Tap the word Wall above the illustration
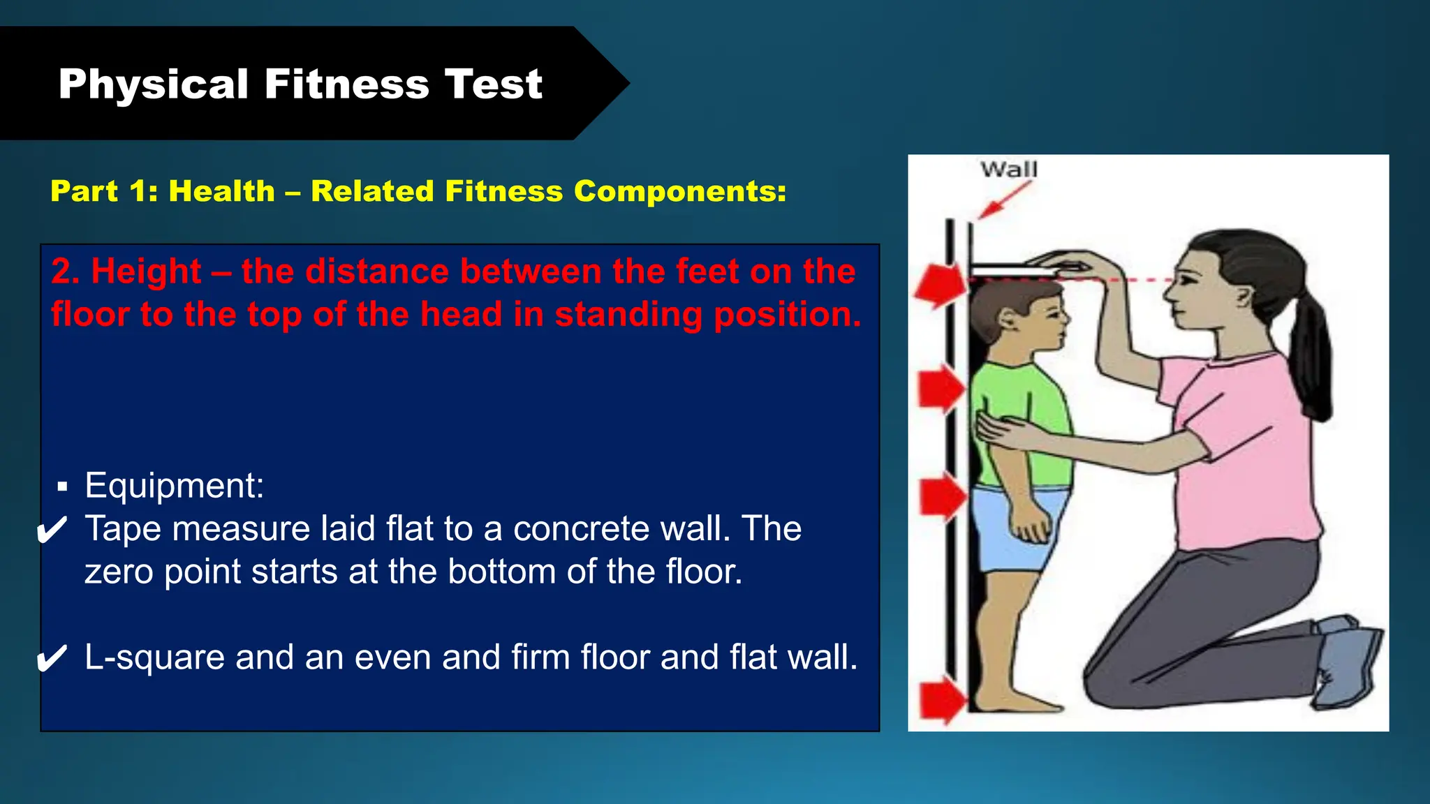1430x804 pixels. tap(1008, 170)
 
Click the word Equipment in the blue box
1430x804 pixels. tap(174, 485)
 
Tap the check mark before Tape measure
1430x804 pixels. tap(52, 530)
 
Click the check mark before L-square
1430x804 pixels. tap(52, 658)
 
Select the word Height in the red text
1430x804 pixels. tap(146, 271)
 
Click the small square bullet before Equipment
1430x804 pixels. tap(63, 486)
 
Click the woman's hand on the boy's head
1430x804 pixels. tap(1065, 264)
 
